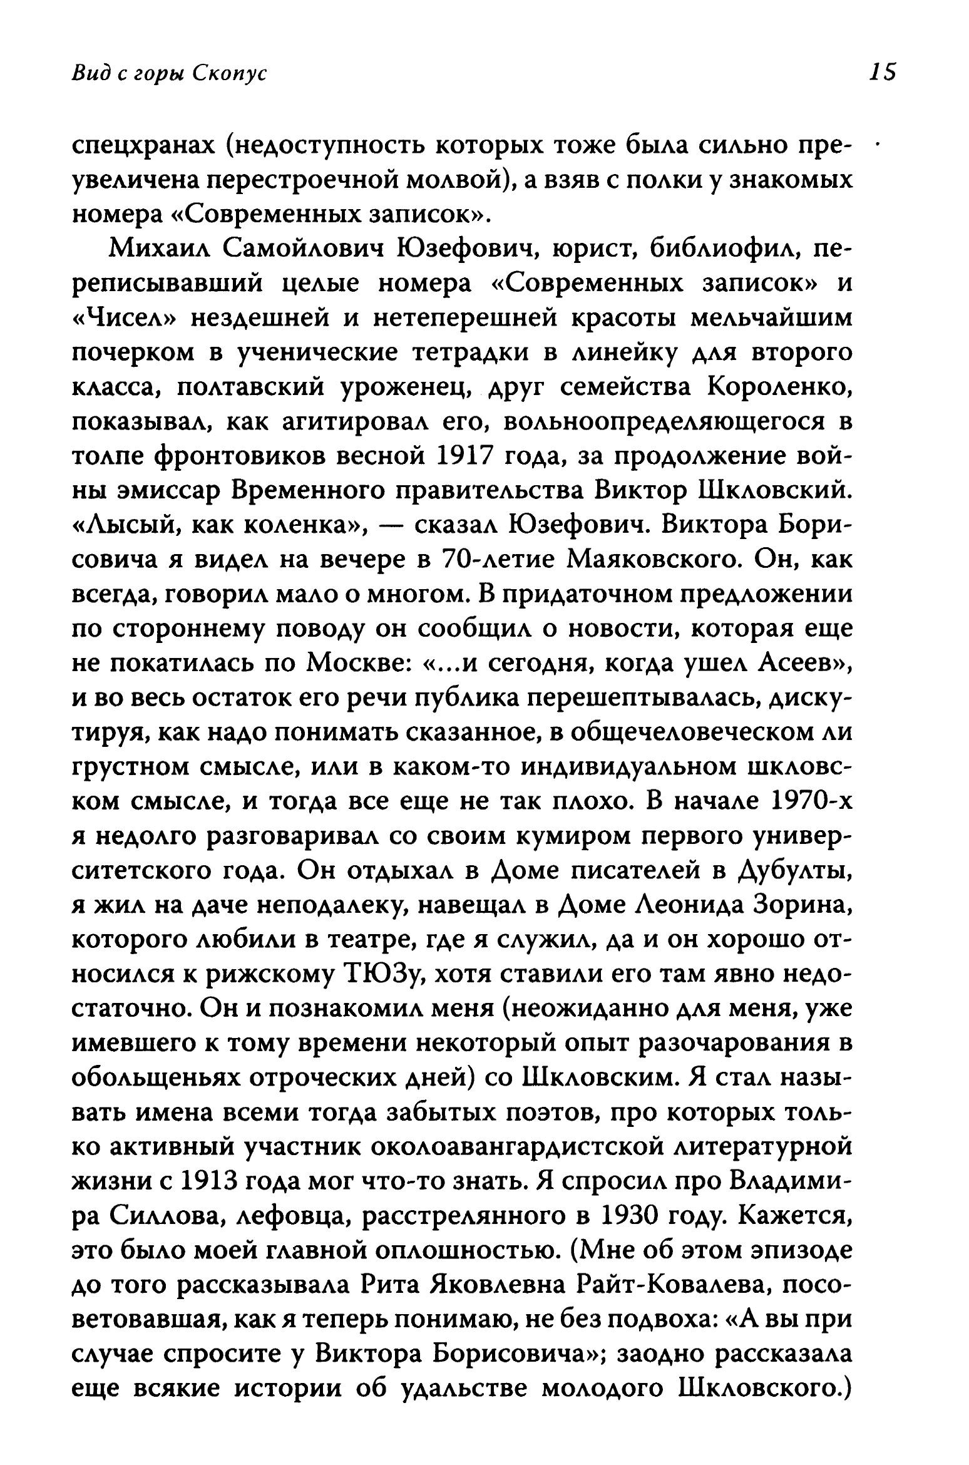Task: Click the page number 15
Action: click(x=882, y=73)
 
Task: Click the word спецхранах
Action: click(x=145, y=147)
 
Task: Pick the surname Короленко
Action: click(x=778, y=388)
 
